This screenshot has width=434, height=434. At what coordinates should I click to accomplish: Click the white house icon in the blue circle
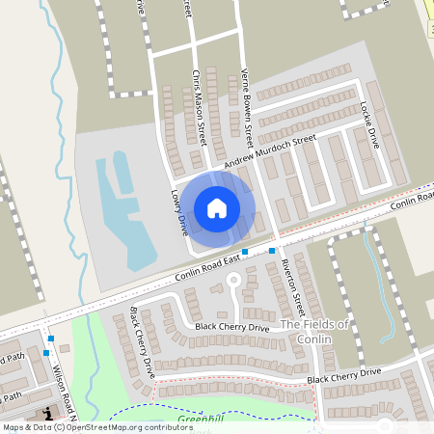pos(217,207)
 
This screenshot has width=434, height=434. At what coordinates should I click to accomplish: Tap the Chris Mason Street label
pos(199,100)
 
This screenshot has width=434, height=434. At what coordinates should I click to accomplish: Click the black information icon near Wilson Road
pos(45,413)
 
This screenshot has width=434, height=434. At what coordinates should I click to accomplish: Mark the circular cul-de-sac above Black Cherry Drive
pos(231,281)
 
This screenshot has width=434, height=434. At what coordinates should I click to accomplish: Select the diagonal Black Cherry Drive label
pos(142,340)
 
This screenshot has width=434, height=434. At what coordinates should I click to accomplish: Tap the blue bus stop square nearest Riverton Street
pos(272,251)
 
